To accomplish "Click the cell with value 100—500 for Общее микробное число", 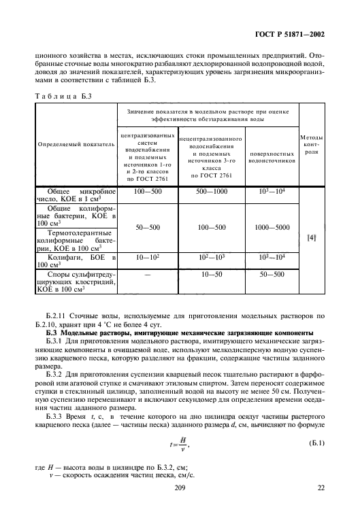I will (148, 192).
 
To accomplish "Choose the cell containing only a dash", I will (148, 273).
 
